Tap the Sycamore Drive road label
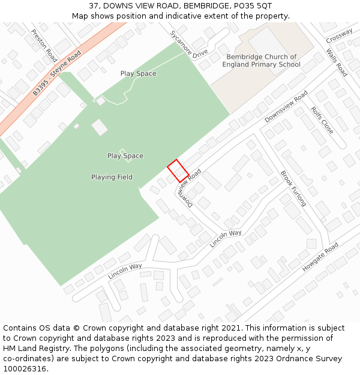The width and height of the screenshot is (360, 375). point(188,44)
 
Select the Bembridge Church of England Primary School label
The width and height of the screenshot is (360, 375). point(261,61)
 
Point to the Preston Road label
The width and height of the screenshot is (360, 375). point(44,46)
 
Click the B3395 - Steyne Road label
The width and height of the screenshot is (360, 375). point(57,73)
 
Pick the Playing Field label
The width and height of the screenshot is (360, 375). point(112,177)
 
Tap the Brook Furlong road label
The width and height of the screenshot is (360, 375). point(293,188)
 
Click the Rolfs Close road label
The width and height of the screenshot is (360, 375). point(322,120)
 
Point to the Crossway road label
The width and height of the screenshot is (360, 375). point(340,37)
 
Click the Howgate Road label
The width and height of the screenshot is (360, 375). point(320,257)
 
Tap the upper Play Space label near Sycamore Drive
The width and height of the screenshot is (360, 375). point(138,74)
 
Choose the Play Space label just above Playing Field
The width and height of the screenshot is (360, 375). point(125,156)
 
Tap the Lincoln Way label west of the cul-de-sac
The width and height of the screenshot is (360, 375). point(125,271)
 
